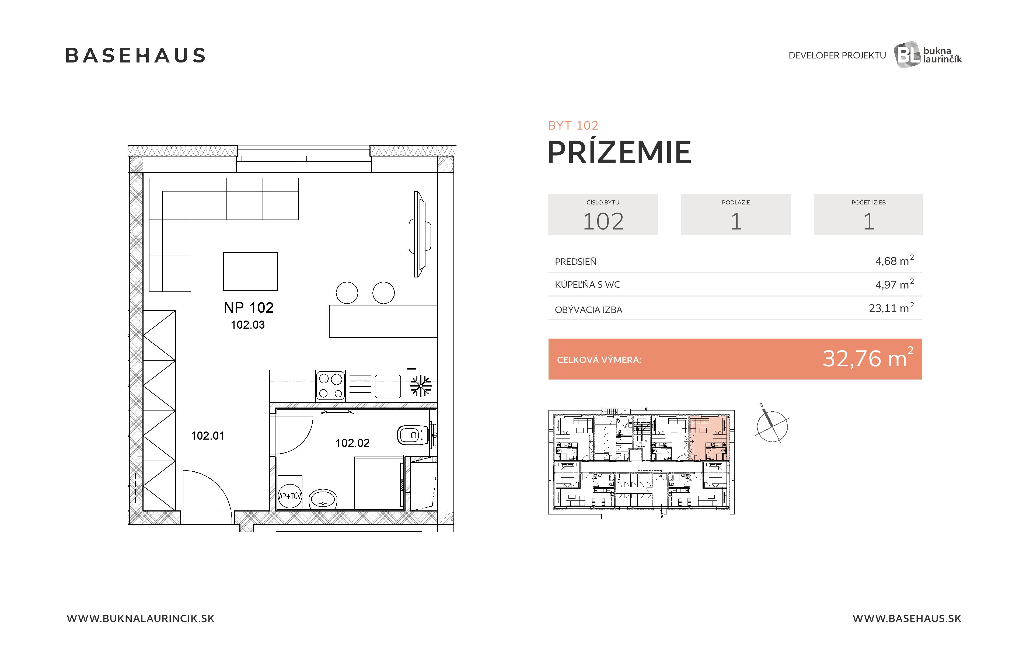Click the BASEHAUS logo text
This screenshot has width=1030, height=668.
tap(135, 55)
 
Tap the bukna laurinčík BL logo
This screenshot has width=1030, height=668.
tap(927, 55)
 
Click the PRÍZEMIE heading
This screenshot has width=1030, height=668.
tap(619, 152)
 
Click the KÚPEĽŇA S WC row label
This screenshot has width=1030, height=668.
tap(587, 284)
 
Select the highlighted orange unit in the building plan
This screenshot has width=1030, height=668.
tap(709, 438)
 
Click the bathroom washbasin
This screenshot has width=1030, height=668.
tap(323, 500)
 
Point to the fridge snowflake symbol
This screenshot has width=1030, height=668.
tap(421, 386)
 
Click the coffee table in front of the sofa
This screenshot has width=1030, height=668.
tap(250, 271)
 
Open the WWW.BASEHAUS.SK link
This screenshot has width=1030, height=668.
tap(907, 618)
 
